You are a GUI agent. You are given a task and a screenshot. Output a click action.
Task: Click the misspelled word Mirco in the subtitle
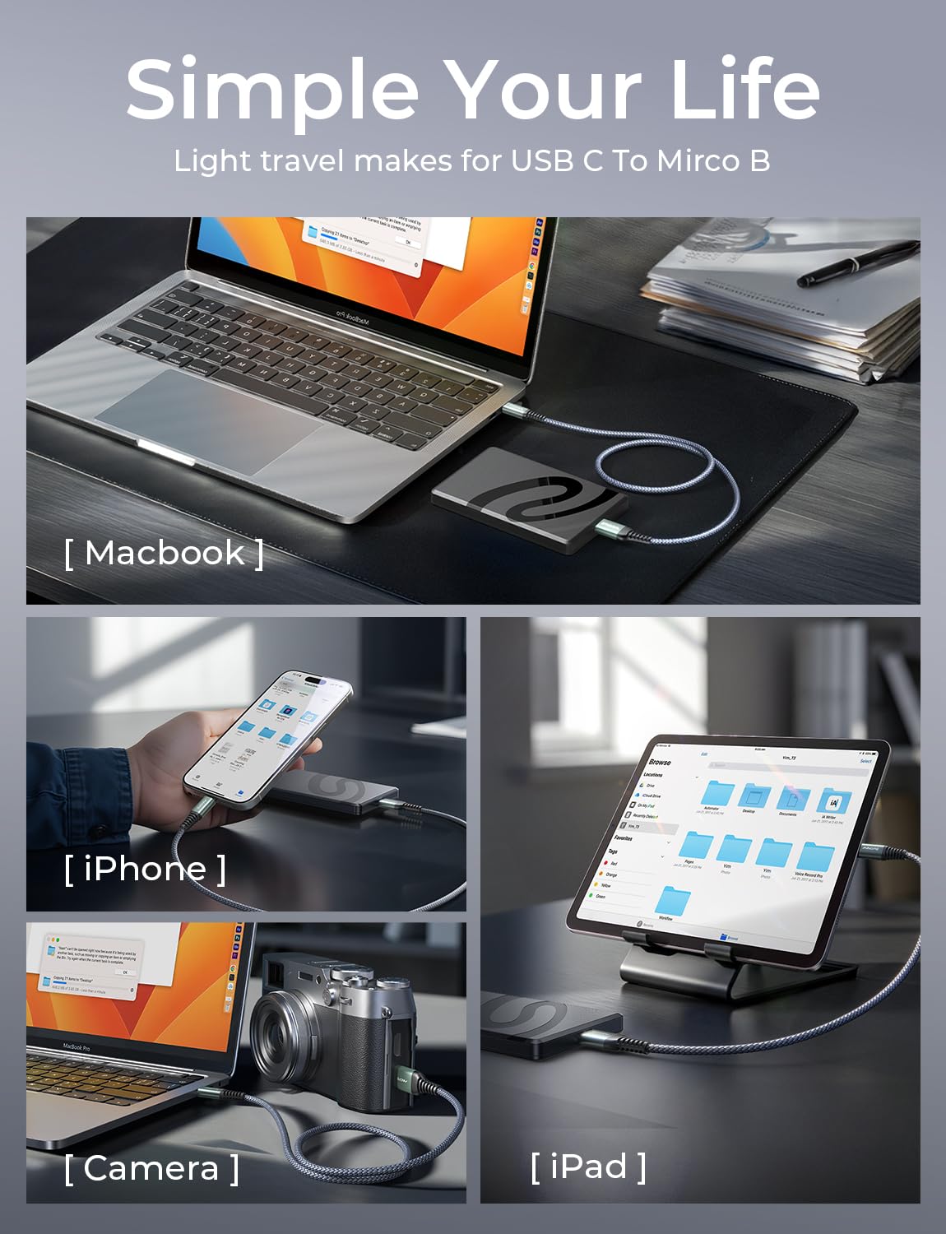pyautogui.click(x=699, y=160)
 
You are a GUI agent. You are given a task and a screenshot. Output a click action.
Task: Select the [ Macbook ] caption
pyautogui.click(x=165, y=553)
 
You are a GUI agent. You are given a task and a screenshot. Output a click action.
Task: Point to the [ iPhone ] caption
pyautogui.click(x=145, y=869)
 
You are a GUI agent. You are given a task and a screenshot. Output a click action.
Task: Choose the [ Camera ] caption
pyautogui.click(x=152, y=1168)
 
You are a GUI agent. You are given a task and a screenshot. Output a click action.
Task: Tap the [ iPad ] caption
pyautogui.click(x=588, y=1166)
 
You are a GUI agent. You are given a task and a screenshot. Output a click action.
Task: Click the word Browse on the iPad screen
pyautogui.click(x=660, y=762)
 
